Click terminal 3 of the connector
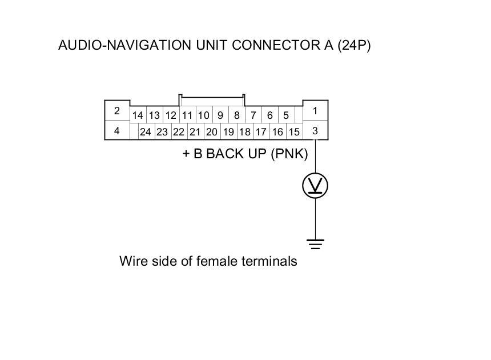pos(315,131)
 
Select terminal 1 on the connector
pos(315,110)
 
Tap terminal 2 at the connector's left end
pos(116,110)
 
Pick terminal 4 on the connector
pos(116,131)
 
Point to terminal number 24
pos(146,132)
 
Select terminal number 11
pos(187,115)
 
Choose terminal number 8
pos(236,115)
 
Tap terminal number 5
pos(286,115)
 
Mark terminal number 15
pos(294,132)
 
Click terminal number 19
pos(228,132)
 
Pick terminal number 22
pos(179,132)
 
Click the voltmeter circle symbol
pos(315,186)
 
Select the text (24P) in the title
pos(353,46)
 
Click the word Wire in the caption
pos(132,261)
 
